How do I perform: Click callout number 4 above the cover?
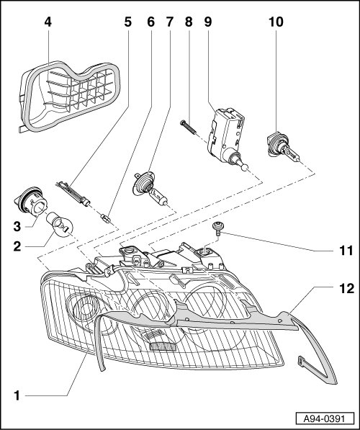(x=48, y=22)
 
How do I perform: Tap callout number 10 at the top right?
(x=276, y=22)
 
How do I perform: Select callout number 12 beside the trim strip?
(x=347, y=289)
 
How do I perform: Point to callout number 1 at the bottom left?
(x=17, y=395)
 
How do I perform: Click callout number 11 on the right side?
(x=346, y=251)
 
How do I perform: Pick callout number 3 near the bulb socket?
(x=17, y=227)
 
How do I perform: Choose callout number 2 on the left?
(x=17, y=246)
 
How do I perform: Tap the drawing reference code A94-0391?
(x=325, y=419)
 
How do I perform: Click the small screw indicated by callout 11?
(x=218, y=228)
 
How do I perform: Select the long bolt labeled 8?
(x=187, y=127)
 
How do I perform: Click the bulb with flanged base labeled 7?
(x=150, y=189)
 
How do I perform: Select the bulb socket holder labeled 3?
(x=31, y=202)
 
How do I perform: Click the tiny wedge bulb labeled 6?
(x=106, y=218)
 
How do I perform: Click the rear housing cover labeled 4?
(x=70, y=97)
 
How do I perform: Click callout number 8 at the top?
(x=189, y=22)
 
